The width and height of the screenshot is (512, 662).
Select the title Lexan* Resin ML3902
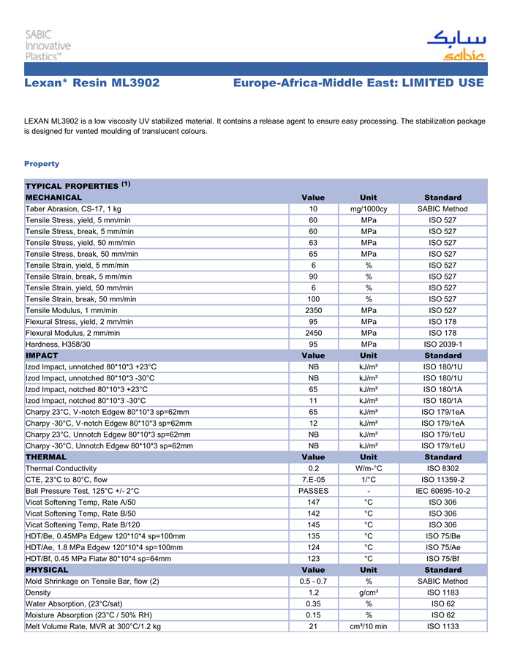[91, 83]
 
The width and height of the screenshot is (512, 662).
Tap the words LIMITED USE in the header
[441, 83]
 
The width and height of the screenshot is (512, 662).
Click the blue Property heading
[42, 164]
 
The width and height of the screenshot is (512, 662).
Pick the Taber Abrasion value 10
[313, 209]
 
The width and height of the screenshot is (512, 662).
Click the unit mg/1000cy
[369, 209]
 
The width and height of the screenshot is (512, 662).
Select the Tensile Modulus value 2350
[313, 310]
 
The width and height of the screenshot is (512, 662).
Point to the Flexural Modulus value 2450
[313, 333]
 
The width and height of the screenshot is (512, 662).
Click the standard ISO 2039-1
[443, 344]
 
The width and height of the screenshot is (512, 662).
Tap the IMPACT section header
[42, 355]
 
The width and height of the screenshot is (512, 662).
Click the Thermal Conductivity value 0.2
[313, 468]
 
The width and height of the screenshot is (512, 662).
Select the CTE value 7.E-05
[313, 479]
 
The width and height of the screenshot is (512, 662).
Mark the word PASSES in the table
[313, 491]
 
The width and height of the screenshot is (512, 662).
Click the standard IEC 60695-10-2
[443, 491]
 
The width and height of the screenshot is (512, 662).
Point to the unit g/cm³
[369, 593]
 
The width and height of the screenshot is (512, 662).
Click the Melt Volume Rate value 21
[313, 626]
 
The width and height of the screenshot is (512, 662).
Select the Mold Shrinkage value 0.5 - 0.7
[313, 582]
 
